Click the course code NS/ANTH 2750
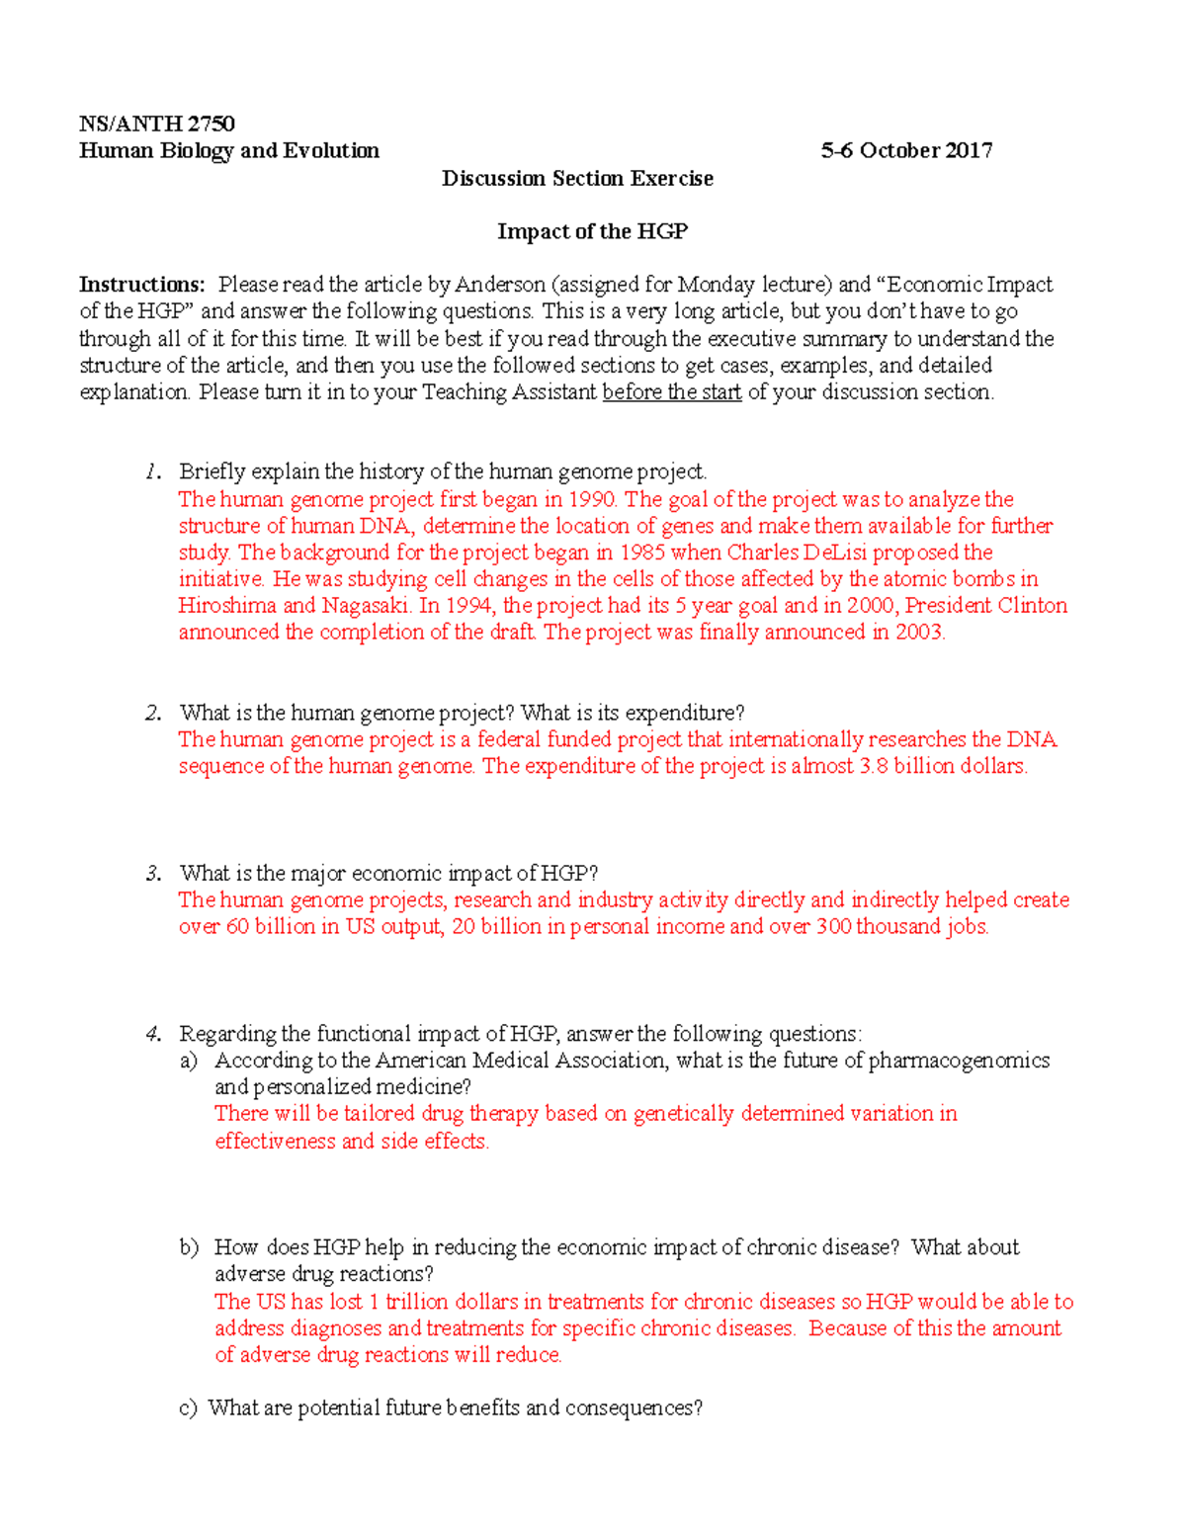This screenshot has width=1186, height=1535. pyautogui.click(x=156, y=124)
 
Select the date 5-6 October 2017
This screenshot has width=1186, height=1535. pyautogui.click(x=906, y=150)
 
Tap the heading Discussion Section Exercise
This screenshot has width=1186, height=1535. pyautogui.click(x=577, y=178)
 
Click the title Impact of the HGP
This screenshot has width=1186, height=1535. pyautogui.click(x=592, y=231)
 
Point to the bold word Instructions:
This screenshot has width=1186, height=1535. pyautogui.click(x=142, y=285)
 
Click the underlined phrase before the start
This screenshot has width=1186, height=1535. pyautogui.click(x=671, y=391)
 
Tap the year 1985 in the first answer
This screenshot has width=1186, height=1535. pyautogui.click(x=641, y=553)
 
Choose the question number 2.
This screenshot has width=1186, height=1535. pyautogui.click(x=152, y=713)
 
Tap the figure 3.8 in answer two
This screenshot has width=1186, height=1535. pyautogui.click(x=874, y=766)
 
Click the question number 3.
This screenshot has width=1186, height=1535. pyautogui.click(x=152, y=874)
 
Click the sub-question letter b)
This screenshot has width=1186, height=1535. pyautogui.click(x=189, y=1247)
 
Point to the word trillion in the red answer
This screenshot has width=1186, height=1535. pyautogui.click(x=422, y=1302)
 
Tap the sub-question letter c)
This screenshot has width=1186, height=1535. pyautogui.click(x=188, y=1407)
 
